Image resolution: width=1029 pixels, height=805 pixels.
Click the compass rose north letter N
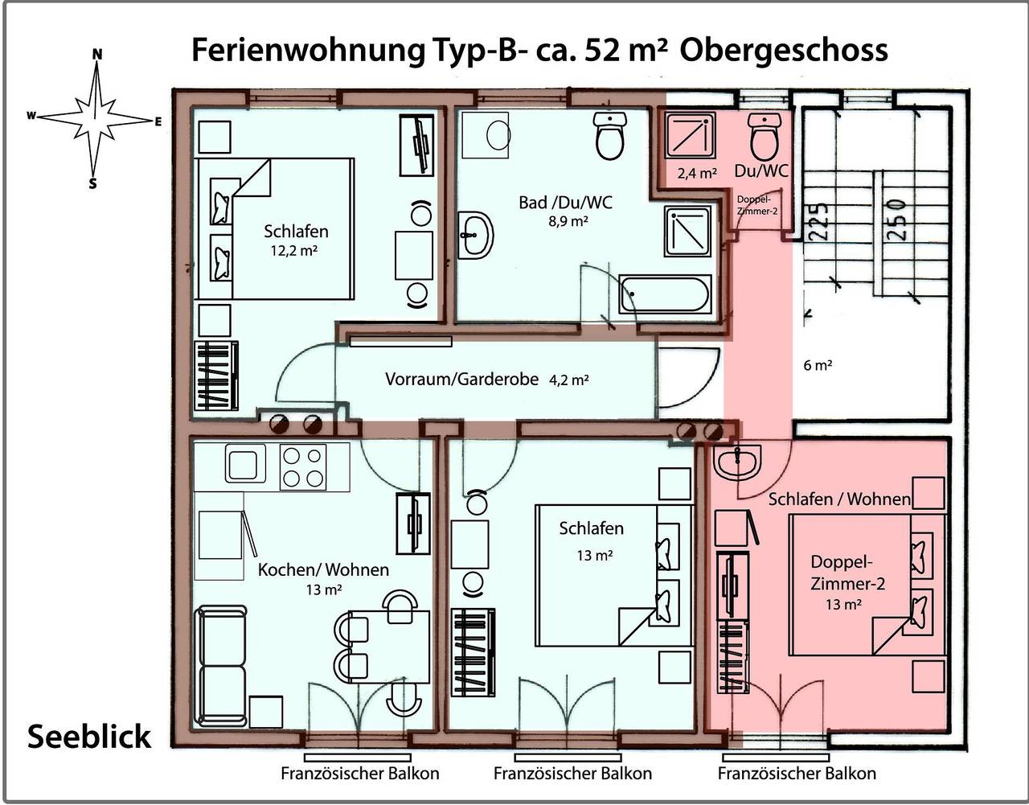coord(97,54)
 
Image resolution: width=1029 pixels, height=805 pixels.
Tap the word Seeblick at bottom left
coord(89,737)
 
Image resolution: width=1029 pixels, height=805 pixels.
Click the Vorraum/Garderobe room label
coord(461,380)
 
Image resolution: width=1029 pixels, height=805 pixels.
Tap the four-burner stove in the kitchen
coord(302,466)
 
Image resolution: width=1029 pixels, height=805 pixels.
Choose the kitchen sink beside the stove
coord(245,463)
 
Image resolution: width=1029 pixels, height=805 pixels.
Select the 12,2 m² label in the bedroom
coord(295,250)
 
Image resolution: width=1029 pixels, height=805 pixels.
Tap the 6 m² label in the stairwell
coord(818,365)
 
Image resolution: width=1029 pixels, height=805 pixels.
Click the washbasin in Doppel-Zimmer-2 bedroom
coord(736,462)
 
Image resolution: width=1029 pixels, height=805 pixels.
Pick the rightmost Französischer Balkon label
coord(797,774)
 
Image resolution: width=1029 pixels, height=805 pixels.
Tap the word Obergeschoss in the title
coord(784,50)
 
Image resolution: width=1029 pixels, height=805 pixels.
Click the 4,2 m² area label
coord(569,380)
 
